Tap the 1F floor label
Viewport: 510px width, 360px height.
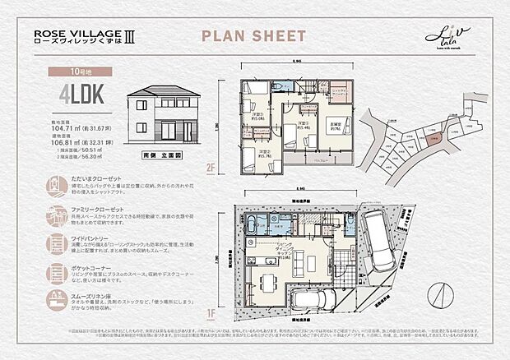211,312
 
